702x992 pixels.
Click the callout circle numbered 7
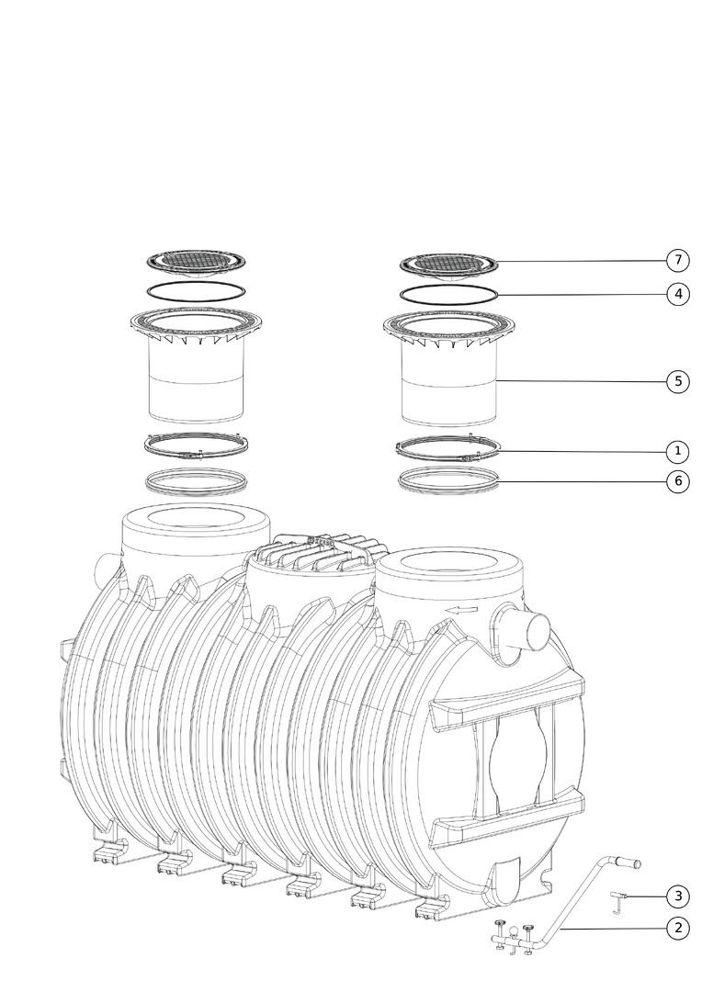point(678,259)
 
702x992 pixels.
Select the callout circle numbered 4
point(678,294)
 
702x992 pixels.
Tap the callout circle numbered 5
point(678,381)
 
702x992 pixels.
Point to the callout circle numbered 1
point(678,451)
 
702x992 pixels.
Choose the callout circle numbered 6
point(678,481)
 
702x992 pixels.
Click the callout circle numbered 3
point(678,896)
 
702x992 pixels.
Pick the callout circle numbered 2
point(678,928)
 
